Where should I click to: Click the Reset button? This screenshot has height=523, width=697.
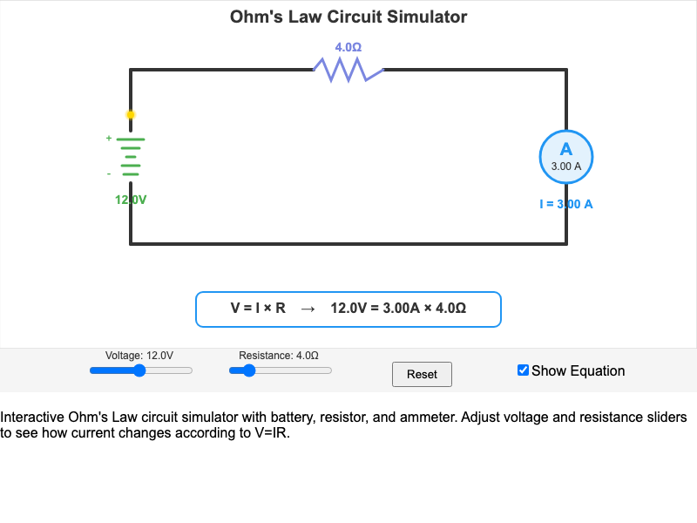pyautogui.click(x=422, y=374)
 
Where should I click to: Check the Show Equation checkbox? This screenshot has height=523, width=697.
pyautogui.click(x=523, y=370)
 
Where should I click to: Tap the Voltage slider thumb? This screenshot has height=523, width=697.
pyautogui.click(x=139, y=370)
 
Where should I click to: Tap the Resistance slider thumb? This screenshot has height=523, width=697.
pyautogui.click(x=249, y=370)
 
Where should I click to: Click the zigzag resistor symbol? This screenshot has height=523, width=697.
pyautogui.click(x=348, y=70)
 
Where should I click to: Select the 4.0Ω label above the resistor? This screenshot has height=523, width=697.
pyautogui.click(x=348, y=47)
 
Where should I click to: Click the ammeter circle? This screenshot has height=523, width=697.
pyautogui.click(x=566, y=157)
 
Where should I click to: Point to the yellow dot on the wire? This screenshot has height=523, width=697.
pyautogui.click(x=131, y=114)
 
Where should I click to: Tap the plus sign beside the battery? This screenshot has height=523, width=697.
pyautogui.click(x=109, y=138)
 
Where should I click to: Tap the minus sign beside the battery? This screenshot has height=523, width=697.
pyautogui.click(x=109, y=173)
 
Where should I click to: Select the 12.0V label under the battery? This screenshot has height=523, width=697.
pyautogui.click(x=131, y=200)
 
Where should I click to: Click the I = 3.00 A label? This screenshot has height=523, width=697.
pyautogui.click(x=566, y=204)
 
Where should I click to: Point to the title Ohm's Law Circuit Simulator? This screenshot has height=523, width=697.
pyautogui.click(x=348, y=17)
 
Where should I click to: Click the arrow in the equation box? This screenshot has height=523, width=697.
pyautogui.click(x=308, y=308)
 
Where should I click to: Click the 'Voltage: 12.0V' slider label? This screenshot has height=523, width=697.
pyautogui.click(x=139, y=356)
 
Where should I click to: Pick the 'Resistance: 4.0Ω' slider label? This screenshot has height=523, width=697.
pyautogui.click(x=279, y=356)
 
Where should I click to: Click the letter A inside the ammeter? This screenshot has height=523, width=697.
pyautogui.click(x=566, y=148)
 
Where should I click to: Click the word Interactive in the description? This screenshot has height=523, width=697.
pyautogui.click(x=30, y=418)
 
